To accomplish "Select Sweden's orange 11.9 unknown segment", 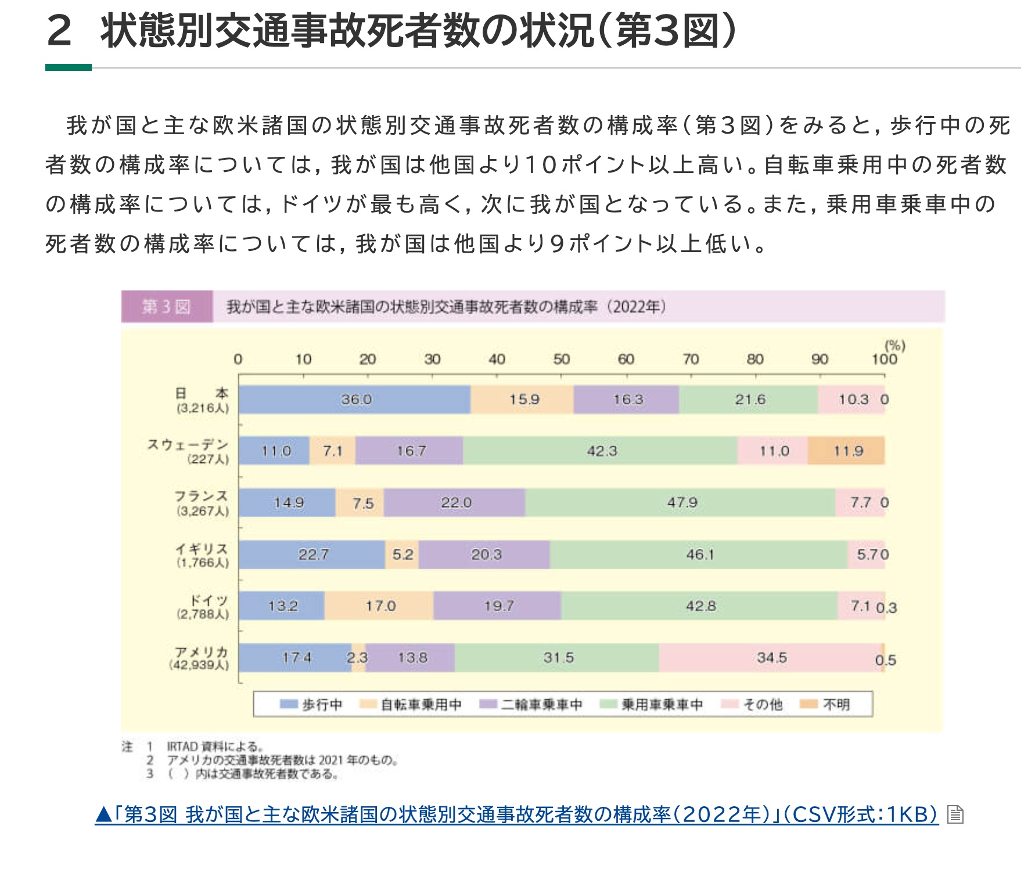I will [846, 451].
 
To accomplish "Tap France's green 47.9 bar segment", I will [680, 502].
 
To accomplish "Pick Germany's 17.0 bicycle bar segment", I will [379, 606].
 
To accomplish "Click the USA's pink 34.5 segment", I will [770, 658].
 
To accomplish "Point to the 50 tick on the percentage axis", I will [561, 360].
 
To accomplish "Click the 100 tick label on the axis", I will [884, 360].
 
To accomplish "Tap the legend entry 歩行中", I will [321, 705].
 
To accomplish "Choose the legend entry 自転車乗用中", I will [421, 705].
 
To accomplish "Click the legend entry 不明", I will [836, 705].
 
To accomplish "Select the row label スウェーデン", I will [188, 445].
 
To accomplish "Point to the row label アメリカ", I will [202, 652].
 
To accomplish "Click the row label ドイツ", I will [209, 600].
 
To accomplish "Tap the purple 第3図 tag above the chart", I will [167, 307].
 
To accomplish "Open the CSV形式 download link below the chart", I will [516, 814].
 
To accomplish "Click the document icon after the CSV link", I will [955, 814].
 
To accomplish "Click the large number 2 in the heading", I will [59, 31].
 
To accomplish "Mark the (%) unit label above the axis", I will [894, 346].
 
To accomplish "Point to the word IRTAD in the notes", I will [182, 746].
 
